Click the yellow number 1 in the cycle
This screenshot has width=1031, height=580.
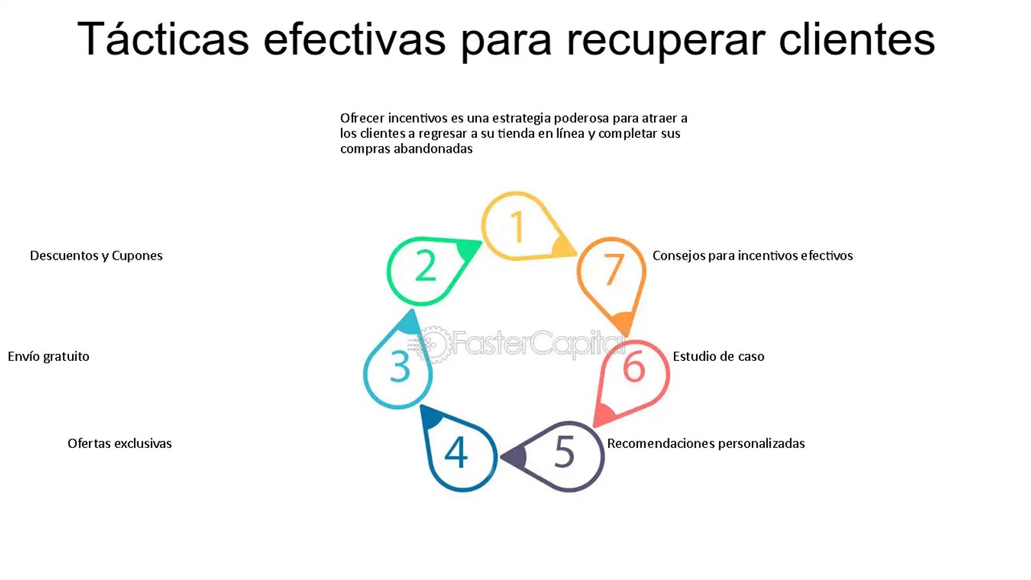coord(518,226)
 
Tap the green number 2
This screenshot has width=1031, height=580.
coord(425,265)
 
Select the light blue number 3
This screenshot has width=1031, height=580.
coord(400,367)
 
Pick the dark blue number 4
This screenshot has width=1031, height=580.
coord(456,452)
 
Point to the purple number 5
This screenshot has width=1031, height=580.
coord(564,452)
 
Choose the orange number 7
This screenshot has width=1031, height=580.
coord(613,270)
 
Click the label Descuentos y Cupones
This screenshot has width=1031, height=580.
coord(96,256)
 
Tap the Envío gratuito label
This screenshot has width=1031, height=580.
coord(48,357)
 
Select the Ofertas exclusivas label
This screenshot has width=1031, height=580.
coord(120,443)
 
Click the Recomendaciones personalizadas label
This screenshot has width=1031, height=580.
coord(706,444)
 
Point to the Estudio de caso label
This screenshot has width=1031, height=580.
coord(718,356)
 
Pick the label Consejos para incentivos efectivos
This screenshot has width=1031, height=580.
coord(753,256)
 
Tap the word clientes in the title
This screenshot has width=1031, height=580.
coord(856,39)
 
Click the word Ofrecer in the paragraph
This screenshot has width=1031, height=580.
coord(362,119)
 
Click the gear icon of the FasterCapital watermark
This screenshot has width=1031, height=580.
coord(432,344)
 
